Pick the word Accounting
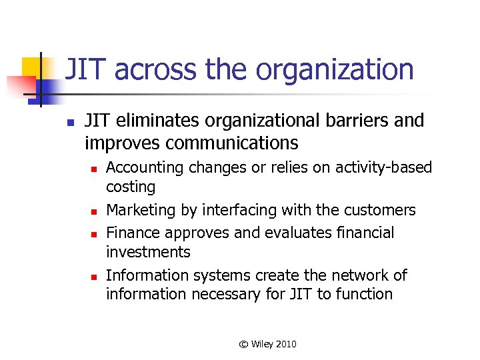pyautogui.click(x=145, y=167)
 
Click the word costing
pyautogui.click(x=131, y=187)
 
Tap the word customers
pyautogui.click(x=378, y=211)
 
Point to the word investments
pyautogui.click(x=148, y=252)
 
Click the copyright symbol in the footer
pyautogui.click(x=243, y=344)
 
